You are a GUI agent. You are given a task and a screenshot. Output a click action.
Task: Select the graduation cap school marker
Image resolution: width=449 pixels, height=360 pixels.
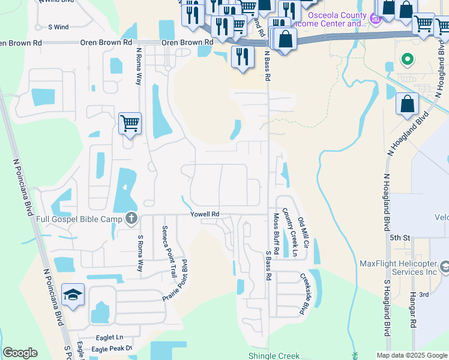(73, 295)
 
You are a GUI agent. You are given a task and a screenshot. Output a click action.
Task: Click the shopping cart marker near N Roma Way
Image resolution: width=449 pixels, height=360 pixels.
(130, 124)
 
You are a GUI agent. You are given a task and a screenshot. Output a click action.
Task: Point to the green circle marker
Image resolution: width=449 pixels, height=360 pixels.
(407, 59)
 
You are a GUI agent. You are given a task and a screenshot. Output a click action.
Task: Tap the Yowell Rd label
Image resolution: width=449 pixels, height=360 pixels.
(205, 214)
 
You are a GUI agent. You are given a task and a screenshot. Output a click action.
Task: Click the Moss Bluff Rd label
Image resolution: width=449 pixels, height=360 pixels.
(277, 233)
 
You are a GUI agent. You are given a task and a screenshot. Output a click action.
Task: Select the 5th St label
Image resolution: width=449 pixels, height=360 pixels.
(399, 238)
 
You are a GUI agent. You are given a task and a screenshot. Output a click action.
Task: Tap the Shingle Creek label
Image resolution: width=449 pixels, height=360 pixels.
(274, 355)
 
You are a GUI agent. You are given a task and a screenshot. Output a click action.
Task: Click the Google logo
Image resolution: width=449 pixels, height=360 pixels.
(20, 353)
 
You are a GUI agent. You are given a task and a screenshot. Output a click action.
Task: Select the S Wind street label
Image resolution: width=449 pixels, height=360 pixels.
(58, 27)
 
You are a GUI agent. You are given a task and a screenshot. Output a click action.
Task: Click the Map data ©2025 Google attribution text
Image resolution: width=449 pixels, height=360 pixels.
(412, 355)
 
